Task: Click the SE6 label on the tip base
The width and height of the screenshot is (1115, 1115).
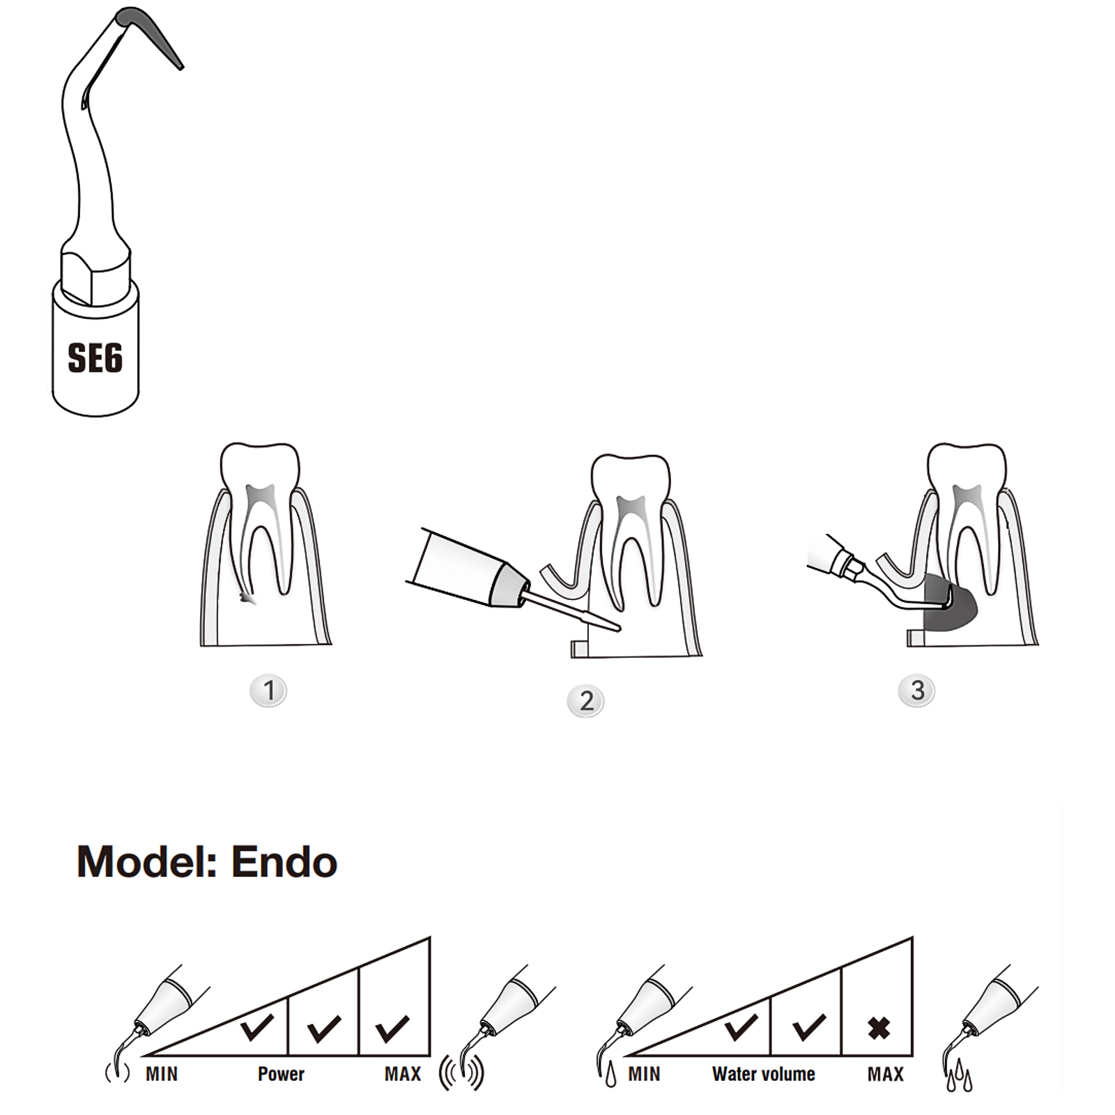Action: (95, 358)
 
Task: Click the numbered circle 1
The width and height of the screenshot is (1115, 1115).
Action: (268, 691)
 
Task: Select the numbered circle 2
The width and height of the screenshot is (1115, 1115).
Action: (586, 701)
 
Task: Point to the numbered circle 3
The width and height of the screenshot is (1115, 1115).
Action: (916, 690)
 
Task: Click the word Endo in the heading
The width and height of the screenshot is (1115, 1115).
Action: (284, 862)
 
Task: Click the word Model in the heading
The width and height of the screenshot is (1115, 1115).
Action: (147, 863)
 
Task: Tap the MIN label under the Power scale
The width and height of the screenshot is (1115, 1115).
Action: (162, 1074)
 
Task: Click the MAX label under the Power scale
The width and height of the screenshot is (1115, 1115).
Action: (403, 1074)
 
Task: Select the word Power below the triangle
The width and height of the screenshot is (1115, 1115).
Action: (281, 1074)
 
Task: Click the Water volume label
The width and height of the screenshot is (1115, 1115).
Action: (764, 1074)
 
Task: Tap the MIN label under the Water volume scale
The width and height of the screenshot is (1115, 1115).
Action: (644, 1074)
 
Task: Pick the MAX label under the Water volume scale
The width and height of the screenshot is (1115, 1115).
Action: (886, 1074)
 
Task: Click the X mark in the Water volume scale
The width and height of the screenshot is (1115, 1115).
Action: (879, 1028)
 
